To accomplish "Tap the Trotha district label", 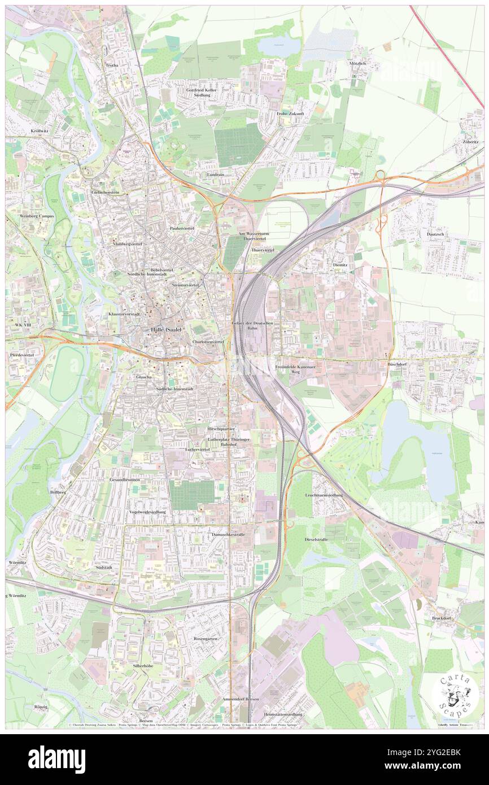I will (x=112, y=66).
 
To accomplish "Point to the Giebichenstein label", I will (x=110, y=193).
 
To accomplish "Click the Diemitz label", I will (x=340, y=264).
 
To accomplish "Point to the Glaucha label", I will (x=143, y=377).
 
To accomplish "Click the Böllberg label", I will (x=58, y=492).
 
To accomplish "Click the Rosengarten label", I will (x=206, y=639).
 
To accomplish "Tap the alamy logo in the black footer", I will (x=56, y=759).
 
